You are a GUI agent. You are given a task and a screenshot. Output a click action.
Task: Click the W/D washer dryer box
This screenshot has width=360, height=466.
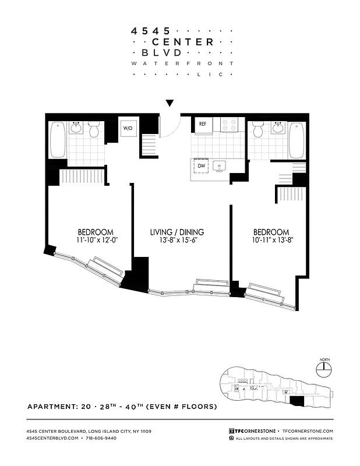(x=127, y=128)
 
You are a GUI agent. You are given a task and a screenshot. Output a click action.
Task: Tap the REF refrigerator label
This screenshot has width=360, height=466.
(x=203, y=124)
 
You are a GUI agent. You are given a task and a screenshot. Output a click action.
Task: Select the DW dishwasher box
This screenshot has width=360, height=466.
(x=201, y=166)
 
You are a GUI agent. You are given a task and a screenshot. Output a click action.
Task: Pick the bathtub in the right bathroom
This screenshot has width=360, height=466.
(x=296, y=139)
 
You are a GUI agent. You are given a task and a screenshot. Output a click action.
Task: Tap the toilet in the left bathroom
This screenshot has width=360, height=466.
(x=94, y=129)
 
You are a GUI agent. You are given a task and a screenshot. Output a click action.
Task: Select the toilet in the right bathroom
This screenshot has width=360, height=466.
(x=258, y=129)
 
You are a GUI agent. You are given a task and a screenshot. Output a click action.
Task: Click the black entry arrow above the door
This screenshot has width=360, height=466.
(x=170, y=103)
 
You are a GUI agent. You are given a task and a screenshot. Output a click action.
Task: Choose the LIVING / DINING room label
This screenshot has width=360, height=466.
(x=177, y=232)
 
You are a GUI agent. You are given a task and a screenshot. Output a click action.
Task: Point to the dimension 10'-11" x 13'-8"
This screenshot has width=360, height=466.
(x=271, y=240)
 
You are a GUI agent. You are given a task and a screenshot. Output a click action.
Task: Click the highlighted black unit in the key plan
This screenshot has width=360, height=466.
(x=297, y=400)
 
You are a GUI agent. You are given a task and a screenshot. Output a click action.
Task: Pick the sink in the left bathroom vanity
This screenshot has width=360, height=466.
(x=77, y=128)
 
